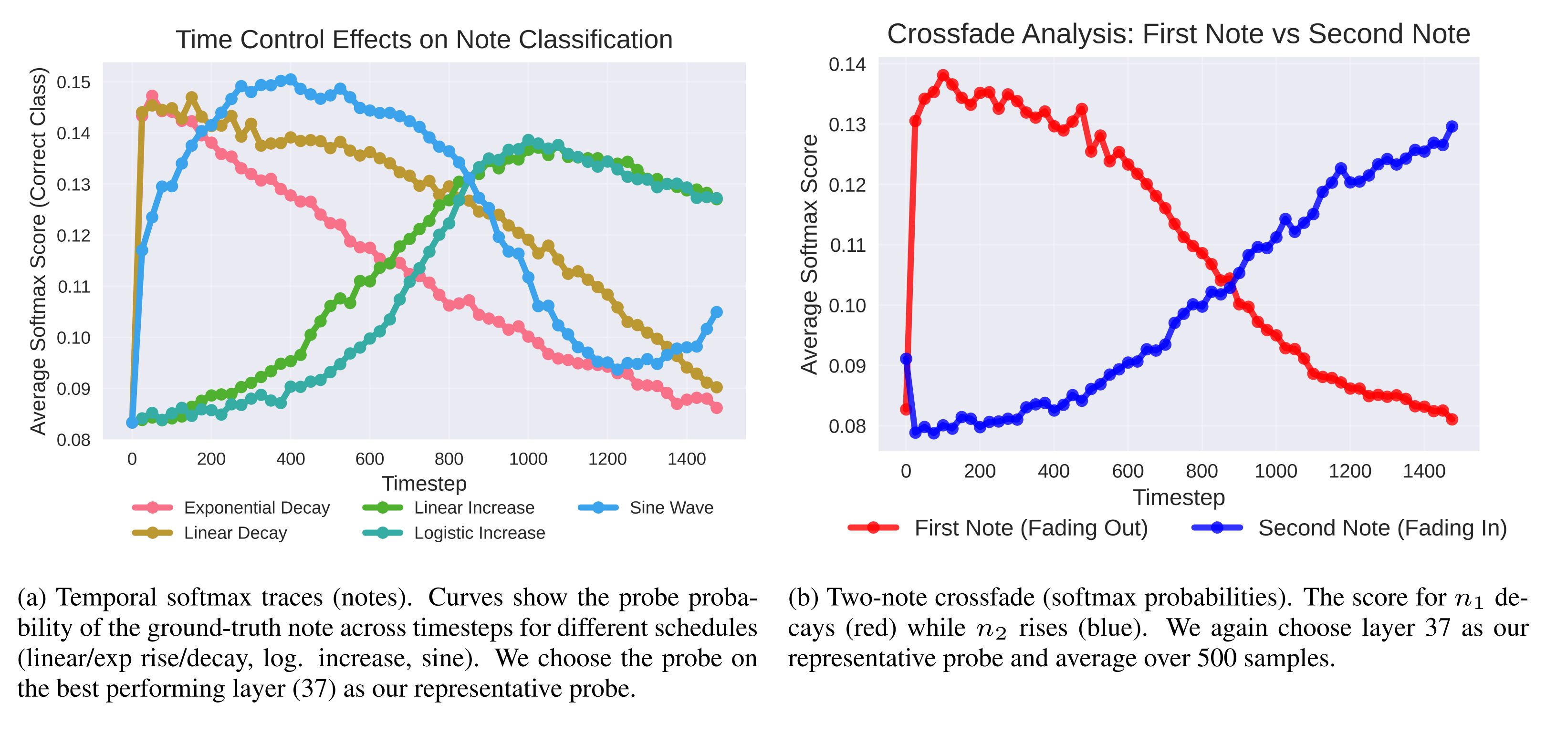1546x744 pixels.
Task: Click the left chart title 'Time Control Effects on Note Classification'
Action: [x=424, y=40]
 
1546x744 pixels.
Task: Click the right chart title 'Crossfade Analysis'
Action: [x=1178, y=34]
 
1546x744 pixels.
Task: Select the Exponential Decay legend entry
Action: [x=256, y=507]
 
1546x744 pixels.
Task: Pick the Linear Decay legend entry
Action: [x=235, y=533]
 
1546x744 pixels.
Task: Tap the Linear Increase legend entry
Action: [x=473, y=507]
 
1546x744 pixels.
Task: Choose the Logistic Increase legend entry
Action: [x=479, y=533]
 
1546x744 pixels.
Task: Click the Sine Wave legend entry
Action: [x=671, y=507]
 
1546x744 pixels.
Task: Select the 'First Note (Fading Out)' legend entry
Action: [x=1031, y=528]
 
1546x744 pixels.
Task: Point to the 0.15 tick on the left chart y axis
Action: [x=73, y=82]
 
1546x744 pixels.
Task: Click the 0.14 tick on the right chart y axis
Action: [x=847, y=64]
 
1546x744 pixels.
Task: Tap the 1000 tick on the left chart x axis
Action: [x=528, y=459]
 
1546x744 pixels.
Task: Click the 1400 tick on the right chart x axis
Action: [x=1423, y=471]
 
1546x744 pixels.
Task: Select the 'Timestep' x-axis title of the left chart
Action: [x=424, y=483]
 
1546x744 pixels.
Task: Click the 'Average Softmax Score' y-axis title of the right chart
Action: [x=810, y=254]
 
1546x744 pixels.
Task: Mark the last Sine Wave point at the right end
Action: [x=717, y=312]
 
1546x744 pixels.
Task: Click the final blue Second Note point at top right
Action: [x=1452, y=126]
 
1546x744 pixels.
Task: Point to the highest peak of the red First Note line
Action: [x=943, y=76]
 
